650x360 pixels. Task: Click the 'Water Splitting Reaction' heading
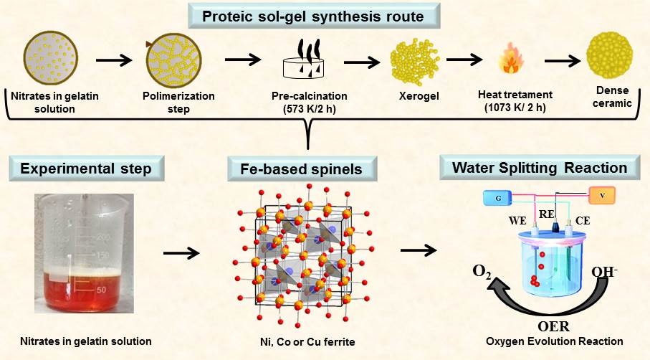pyautogui.click(x=540, y=169)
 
